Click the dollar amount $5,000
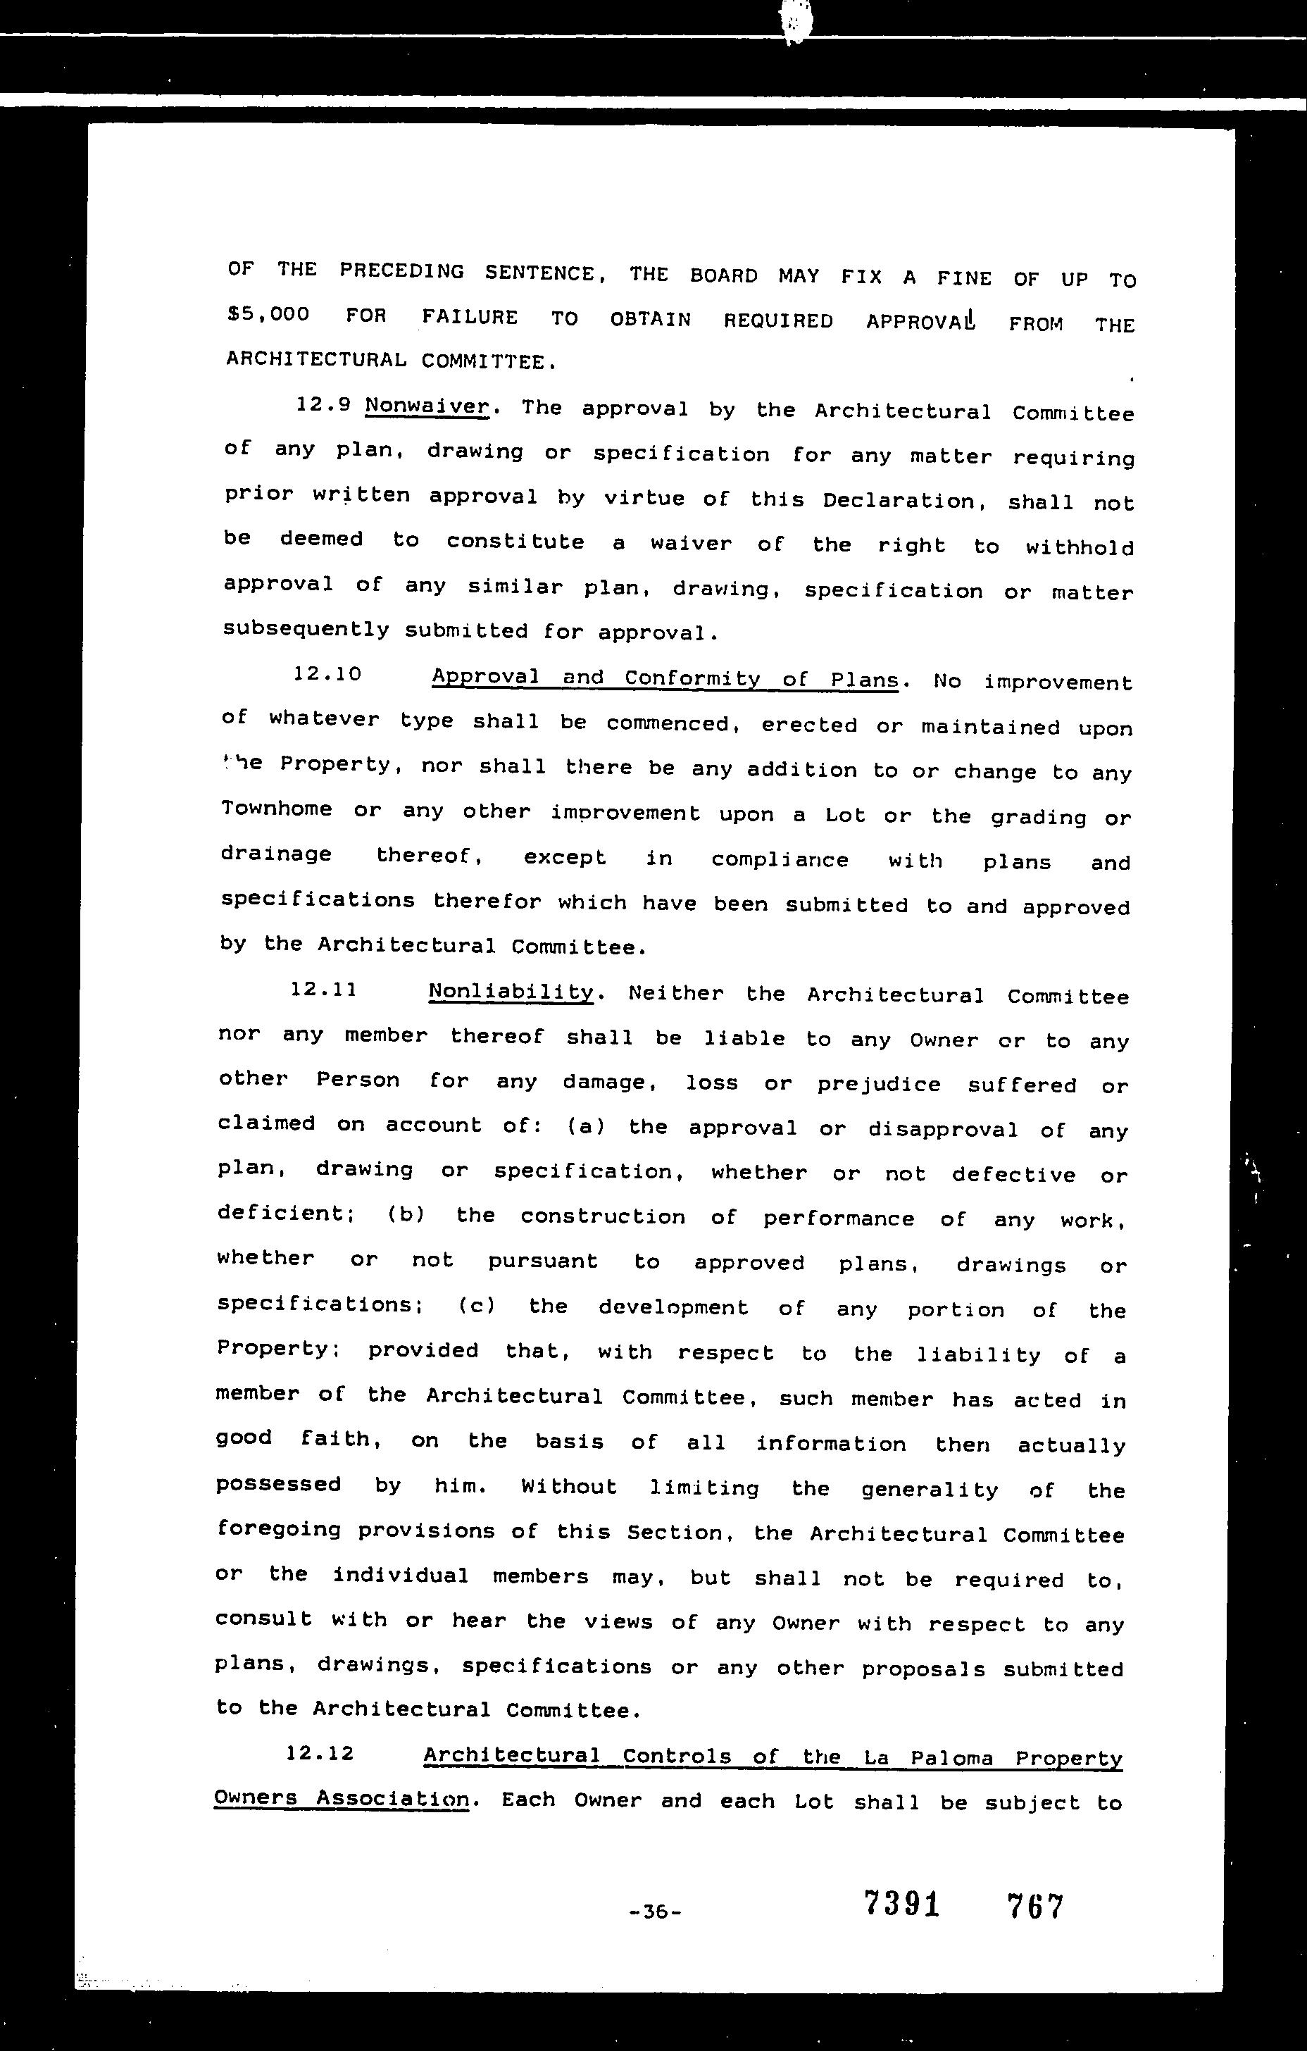coord(268,314)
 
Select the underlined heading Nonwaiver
coord(427,406)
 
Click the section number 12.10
coord(328,675)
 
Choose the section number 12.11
coord(323,990)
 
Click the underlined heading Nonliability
coord(511,992)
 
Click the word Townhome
coord(277,809)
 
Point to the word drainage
coord(277,854)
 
